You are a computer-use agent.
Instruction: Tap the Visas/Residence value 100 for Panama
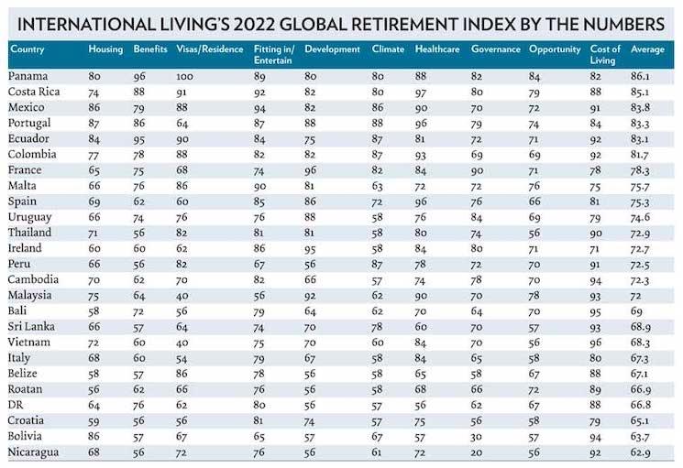(186, 76)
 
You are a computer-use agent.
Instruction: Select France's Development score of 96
(312, 169)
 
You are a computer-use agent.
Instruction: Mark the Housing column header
(105, 49)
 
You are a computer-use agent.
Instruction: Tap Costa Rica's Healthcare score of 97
(422, 92)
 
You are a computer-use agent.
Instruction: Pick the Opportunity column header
(555, 49)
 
